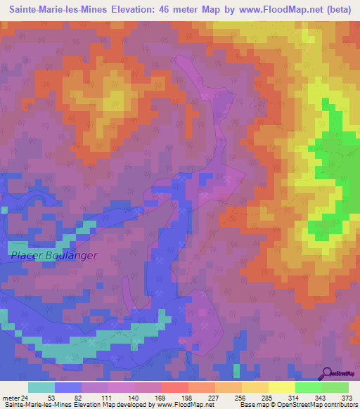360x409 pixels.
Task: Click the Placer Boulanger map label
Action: [53, 256]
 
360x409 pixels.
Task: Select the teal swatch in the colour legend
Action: [41, 387]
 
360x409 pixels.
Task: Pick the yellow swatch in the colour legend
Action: [282, 387]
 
